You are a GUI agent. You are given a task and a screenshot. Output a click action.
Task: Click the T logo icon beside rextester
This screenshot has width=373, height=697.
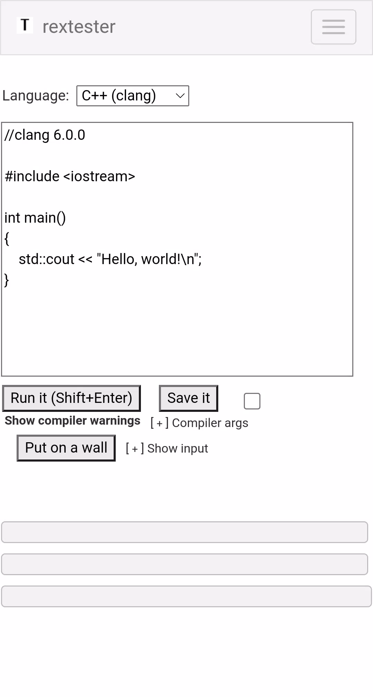click(25, 25)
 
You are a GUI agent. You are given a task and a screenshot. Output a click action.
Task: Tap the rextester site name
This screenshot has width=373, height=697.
click(79, 27)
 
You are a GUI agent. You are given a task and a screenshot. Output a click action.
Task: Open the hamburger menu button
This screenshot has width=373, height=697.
click(333, 27)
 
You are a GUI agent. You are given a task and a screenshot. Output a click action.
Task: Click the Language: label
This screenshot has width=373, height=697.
click(36, 96)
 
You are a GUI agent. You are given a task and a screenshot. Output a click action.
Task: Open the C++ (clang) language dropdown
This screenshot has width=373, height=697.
click(133, 96)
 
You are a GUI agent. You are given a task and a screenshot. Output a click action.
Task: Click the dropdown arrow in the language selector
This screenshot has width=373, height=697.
click(180, 96)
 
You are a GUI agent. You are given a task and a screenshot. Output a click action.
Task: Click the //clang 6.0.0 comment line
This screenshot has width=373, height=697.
click(45, 135)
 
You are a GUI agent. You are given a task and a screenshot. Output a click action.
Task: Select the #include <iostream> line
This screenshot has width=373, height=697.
click(70, 176)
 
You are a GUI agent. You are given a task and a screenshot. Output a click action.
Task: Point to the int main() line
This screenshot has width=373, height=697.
click(35, 218)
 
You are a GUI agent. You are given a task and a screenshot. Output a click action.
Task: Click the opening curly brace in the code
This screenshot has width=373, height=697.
click(7, 239)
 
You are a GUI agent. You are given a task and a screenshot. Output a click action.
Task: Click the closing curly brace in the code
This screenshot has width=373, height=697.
click(7, 280)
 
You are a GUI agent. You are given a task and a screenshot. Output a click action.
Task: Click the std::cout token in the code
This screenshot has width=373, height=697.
click(47, 259)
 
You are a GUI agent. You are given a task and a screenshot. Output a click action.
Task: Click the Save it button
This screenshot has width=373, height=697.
click(189, 398)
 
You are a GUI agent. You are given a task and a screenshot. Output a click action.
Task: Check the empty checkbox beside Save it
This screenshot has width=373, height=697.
click(252, 401)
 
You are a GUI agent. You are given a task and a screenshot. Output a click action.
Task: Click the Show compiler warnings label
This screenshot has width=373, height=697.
click(73, 421)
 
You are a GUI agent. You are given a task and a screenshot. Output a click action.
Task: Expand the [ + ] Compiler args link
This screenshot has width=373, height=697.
click(199, 423)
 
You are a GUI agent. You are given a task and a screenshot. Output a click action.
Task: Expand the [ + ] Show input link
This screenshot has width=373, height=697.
click(167, 448)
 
